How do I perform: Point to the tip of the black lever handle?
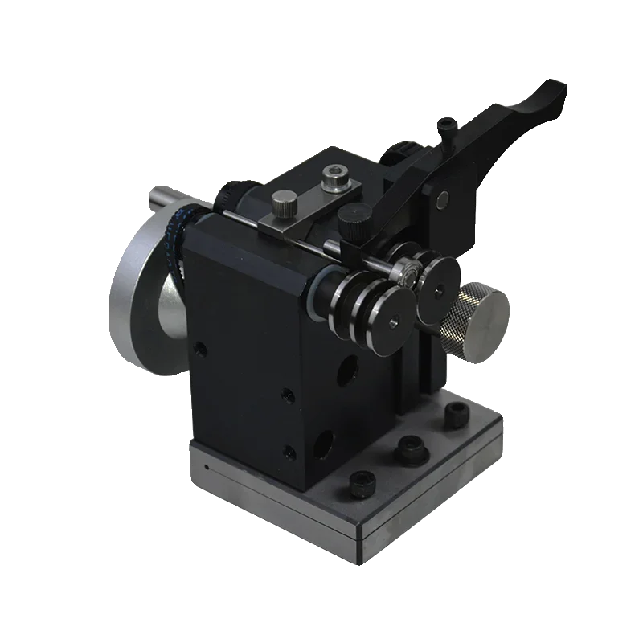pos(555,90)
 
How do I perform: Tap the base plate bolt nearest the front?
pos(362,485)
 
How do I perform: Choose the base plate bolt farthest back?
pos(457,415)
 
